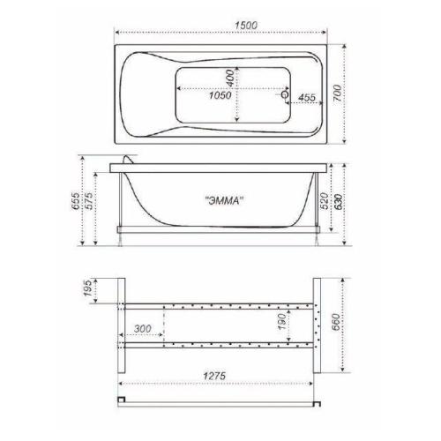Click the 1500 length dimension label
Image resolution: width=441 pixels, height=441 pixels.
point(246,26)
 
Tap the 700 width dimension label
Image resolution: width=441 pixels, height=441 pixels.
point(337,93)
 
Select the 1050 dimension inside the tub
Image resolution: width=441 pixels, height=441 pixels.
point(220,95)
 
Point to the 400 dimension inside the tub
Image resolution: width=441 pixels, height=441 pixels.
point(230,78)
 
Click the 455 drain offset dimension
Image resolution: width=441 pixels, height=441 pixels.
point(307,97)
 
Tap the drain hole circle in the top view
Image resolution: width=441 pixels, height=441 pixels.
point(285,94)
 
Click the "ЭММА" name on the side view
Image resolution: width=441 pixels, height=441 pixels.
point(225,201)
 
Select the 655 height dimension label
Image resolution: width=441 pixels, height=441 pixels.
point(76,201)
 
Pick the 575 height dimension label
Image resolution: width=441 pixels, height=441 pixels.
point(89,200)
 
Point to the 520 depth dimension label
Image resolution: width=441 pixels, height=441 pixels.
point(324,201)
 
